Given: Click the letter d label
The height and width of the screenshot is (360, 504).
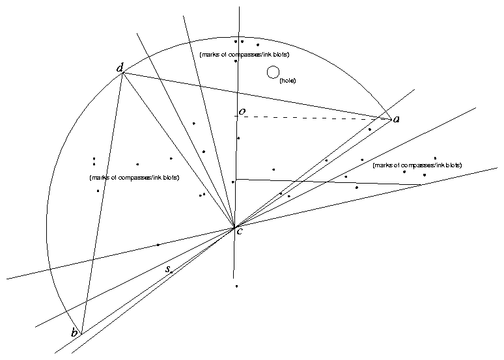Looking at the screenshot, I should [x=119, y=68].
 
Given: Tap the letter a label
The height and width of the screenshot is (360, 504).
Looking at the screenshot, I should [x=397, y=119].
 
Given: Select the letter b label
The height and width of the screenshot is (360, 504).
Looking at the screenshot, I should [x=75, y=333].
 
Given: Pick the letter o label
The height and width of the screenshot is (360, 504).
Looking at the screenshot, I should [x=242, y=112].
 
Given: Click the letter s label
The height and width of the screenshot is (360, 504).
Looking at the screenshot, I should [x=167, y=268].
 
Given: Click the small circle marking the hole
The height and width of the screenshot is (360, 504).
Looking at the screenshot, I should [x=273, y=72].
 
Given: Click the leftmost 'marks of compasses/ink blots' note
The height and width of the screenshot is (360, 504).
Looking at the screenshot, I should [x=133, y=177].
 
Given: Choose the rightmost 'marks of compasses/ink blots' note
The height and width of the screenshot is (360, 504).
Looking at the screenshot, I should [x=417, y=166].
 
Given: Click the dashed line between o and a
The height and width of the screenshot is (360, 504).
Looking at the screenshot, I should [x=313, y=118].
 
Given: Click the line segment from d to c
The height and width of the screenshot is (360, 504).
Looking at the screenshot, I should [x=179, y=150].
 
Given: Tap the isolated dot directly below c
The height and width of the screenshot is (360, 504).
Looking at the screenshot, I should [x=236, y=286].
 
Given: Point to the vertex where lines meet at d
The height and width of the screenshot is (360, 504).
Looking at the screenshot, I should [x=123, y=72].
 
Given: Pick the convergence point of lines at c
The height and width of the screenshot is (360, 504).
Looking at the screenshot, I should [x=234, y=227].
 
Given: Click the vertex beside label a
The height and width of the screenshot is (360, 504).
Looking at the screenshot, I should [x=389, y=118].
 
